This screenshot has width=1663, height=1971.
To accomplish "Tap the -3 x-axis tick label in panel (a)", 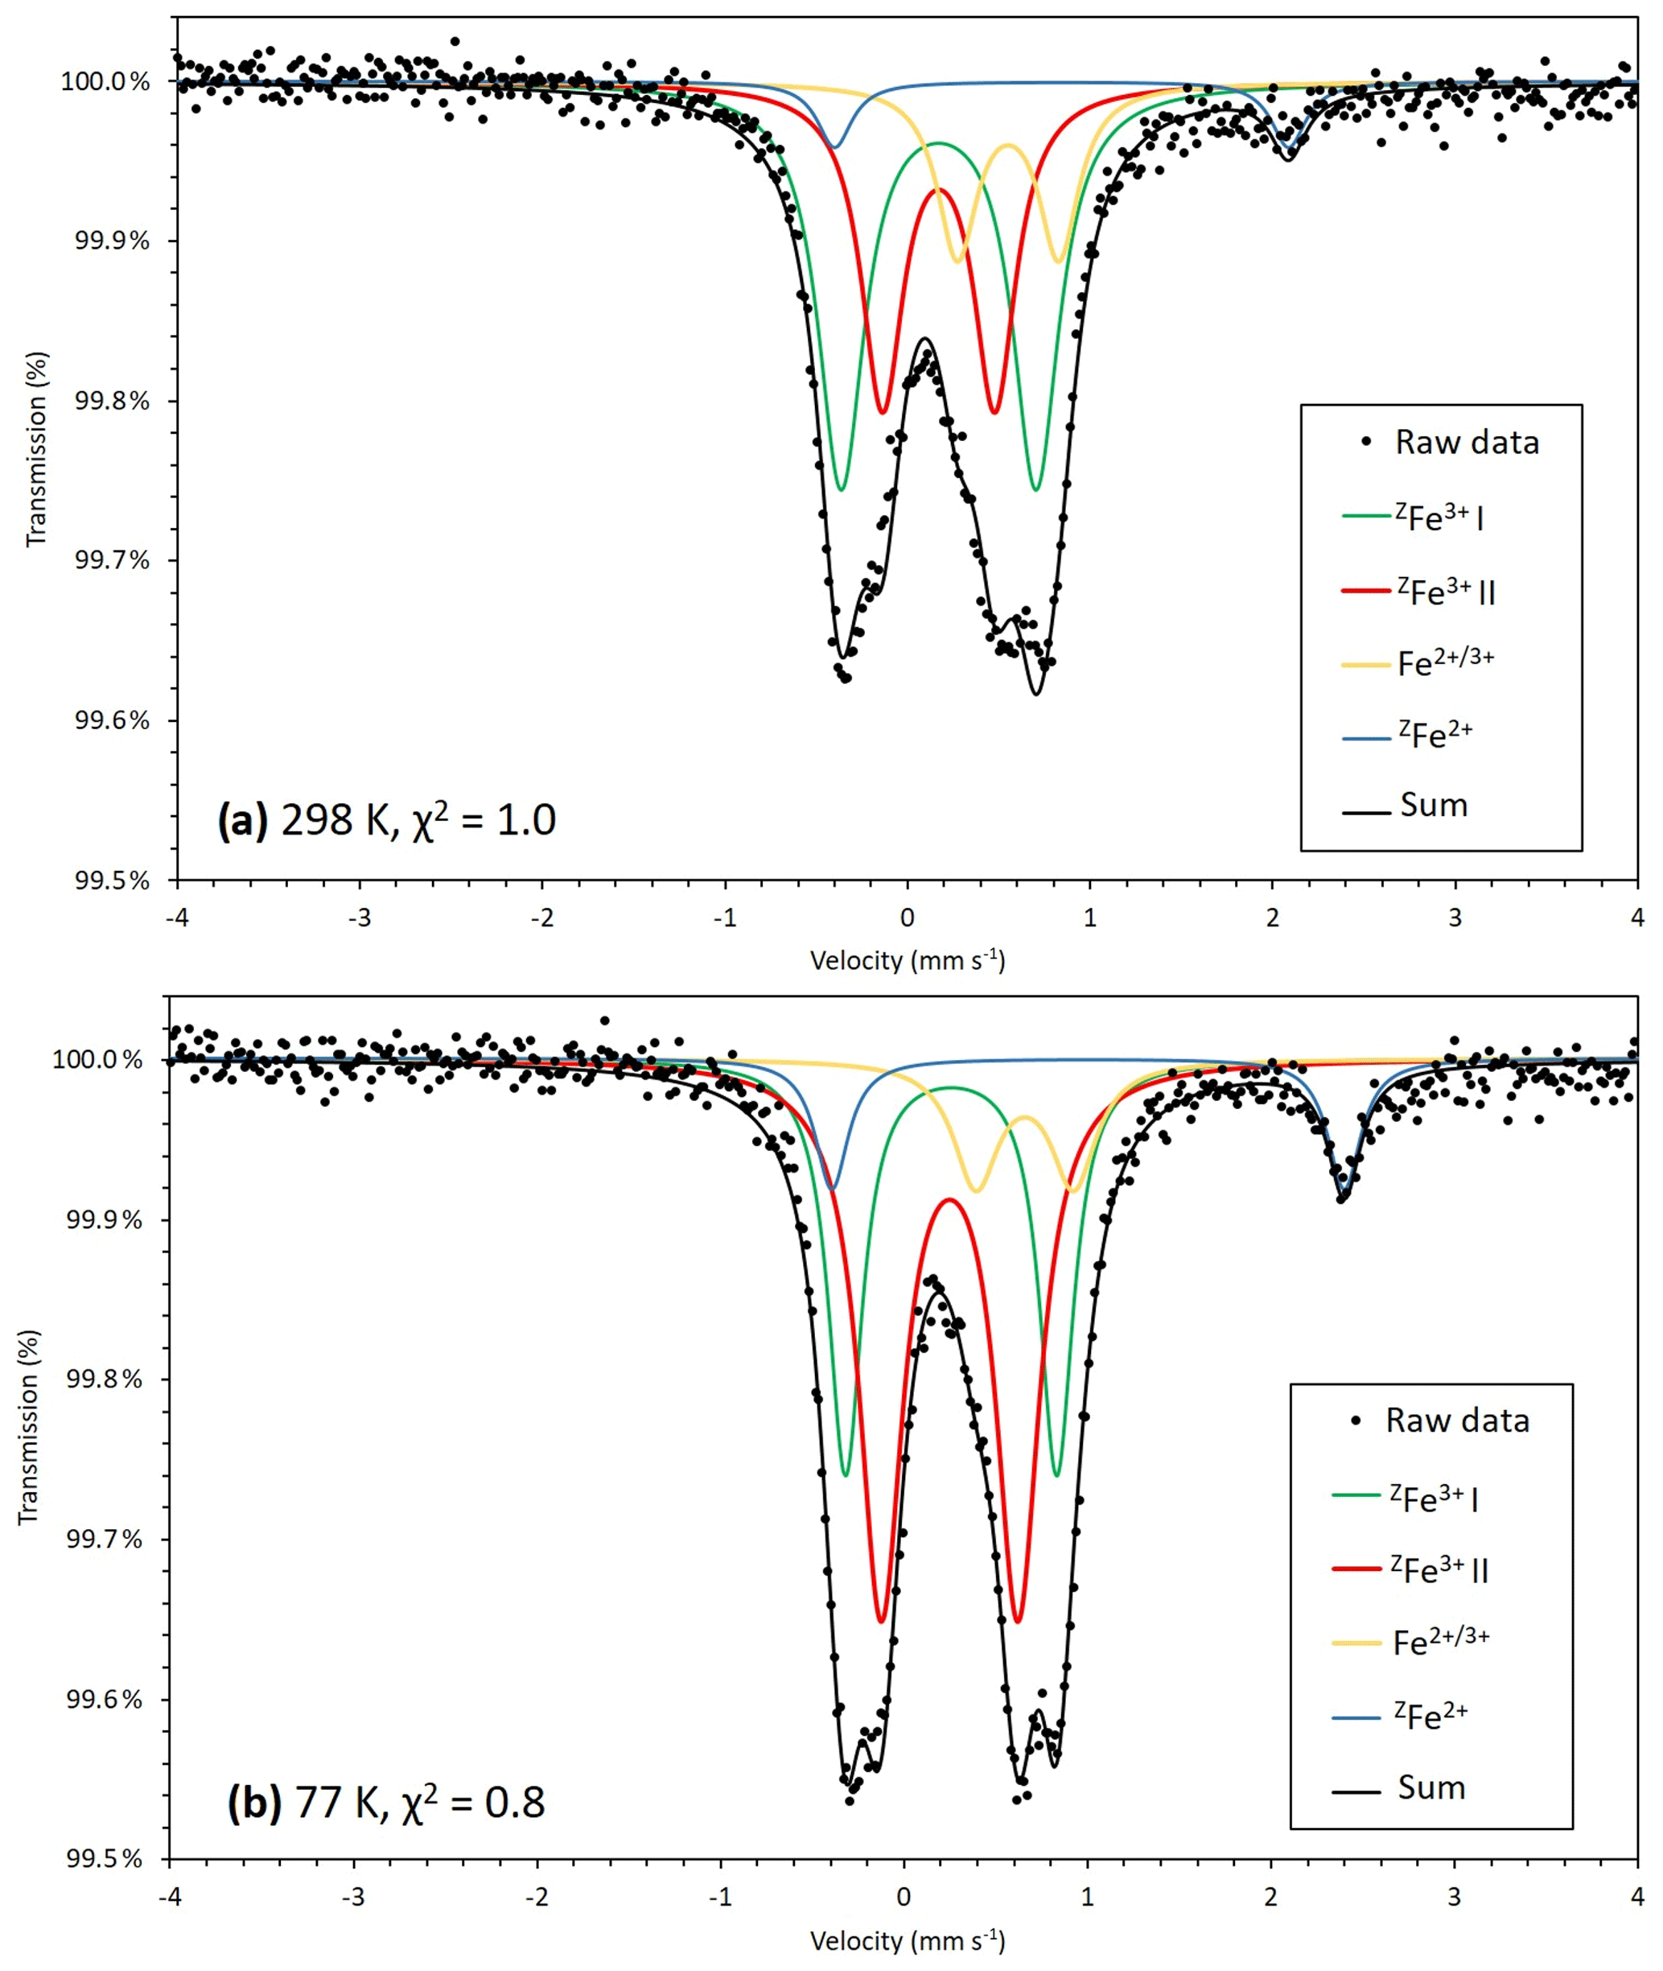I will (x=359, y=917).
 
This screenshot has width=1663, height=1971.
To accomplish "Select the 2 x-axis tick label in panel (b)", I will (x=1271, y=1895).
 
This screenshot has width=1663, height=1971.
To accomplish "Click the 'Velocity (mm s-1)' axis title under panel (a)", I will (x=907, y=961).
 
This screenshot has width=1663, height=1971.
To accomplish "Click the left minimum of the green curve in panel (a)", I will (x=841, y=489).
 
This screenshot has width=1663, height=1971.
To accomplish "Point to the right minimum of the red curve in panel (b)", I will (x=1016, y=1620).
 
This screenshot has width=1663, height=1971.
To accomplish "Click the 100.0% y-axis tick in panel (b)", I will (x=97, y=1060).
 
